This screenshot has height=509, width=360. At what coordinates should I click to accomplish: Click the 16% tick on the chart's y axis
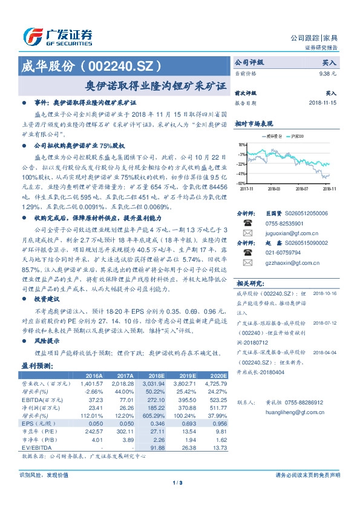(x=242, y=145)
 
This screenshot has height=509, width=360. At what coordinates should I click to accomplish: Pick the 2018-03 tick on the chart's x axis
(x=274, y=188)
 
